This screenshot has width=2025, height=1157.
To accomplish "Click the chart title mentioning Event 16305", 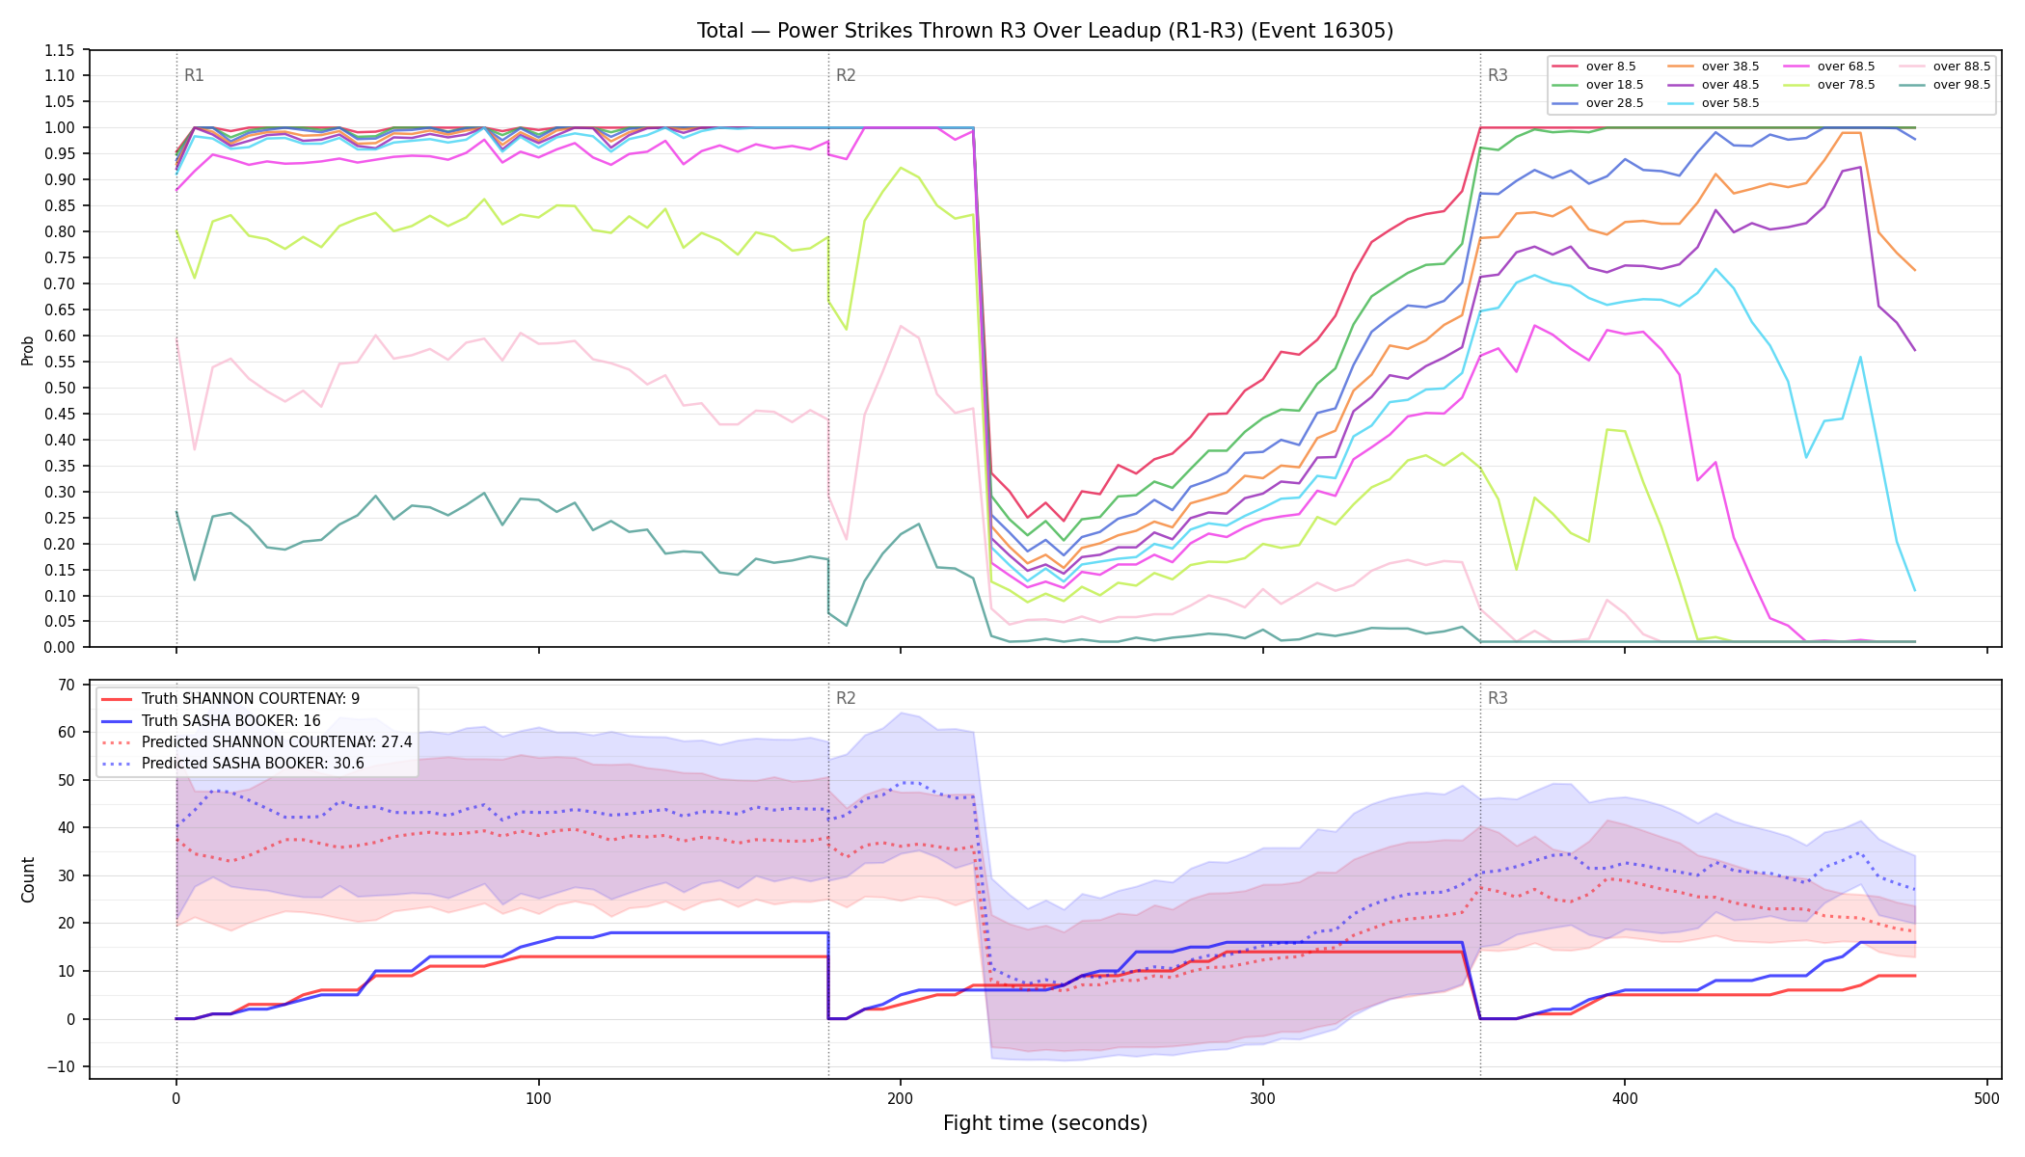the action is pos(1045,31).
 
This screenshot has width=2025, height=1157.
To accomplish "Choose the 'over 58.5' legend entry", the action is pos(1714,103).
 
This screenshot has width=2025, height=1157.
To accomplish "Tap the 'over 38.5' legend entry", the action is pos(1714,67).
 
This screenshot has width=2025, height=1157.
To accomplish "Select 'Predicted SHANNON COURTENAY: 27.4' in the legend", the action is pos(256,742).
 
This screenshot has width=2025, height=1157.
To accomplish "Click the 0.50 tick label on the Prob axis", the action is pos(60,388).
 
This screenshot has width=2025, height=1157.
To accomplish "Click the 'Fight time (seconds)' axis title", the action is pos(1045,1123).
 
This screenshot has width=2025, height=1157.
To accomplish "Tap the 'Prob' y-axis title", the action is pos(28,350).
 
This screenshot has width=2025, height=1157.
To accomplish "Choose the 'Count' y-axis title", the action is pos(28,879).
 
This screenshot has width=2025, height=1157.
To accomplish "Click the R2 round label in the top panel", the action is pos(846,75).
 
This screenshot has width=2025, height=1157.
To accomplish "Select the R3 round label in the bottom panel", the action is pos(1498,698).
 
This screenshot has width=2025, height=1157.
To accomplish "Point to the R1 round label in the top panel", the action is pos(194,75).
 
